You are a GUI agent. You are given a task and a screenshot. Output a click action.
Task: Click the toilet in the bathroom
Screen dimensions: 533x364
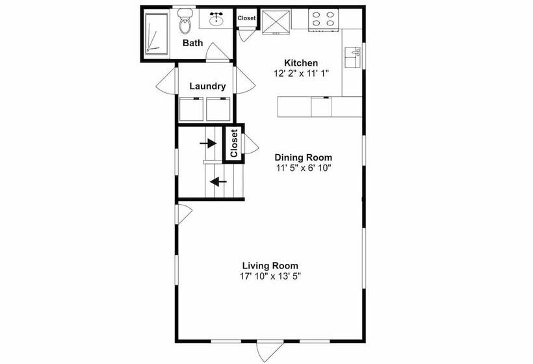click(x=185, y=21)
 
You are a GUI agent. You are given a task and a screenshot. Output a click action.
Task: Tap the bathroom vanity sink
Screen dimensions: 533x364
click(x=216, y=19)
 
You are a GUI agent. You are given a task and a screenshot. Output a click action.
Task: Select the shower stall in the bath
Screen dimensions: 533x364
click(x=157, y=34)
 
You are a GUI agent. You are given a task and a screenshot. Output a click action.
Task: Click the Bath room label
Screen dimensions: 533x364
click(x=193, y=43)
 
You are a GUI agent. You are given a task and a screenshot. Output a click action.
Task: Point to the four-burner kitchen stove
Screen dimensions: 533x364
click(x=323, y=19)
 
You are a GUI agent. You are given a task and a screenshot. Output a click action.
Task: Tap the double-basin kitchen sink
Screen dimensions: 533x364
click(x=352, y=57)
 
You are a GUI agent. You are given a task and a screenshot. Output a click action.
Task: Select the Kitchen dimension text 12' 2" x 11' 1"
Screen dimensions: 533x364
click(x=301, y=73)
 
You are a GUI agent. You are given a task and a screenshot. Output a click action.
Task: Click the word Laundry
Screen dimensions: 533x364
click(x=207, y=86)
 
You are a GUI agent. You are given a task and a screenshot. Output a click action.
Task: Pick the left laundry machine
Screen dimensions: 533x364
click(x=191, y=109)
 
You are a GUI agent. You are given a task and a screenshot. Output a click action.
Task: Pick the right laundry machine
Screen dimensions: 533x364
click(x=218, y=109)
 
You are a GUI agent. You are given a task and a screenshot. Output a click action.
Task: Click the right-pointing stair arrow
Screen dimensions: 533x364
click(x=208, y=144)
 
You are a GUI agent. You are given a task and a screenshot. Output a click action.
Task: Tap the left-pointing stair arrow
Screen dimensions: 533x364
click(x=218, y=182)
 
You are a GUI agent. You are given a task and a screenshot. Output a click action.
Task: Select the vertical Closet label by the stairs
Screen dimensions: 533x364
click(x=233, y=143)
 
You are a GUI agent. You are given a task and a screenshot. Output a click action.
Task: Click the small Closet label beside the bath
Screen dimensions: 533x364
click(x=246, y=18)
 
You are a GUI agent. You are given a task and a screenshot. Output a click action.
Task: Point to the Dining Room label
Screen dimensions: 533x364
click(x=303, y=158)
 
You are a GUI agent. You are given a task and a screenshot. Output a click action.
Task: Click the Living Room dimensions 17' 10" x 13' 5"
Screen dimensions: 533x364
click(x=270, y=276)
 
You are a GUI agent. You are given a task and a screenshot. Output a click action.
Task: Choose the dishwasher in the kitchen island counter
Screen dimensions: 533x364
click(x=321, y=107)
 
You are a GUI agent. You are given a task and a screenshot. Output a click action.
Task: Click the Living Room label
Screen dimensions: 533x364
click(x=270, y=265)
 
